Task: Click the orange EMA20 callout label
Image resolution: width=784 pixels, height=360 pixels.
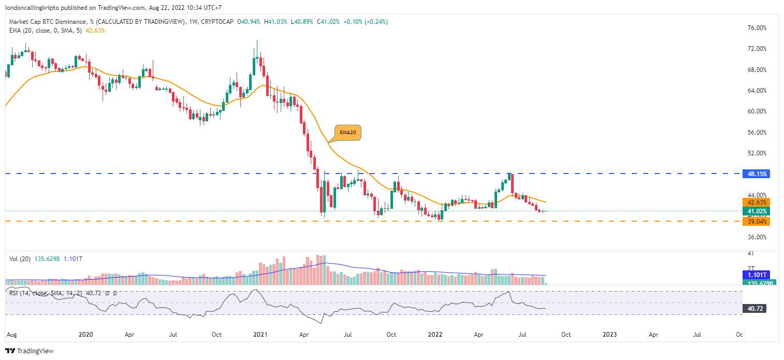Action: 347,133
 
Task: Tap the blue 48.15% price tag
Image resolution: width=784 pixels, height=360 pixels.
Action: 757,174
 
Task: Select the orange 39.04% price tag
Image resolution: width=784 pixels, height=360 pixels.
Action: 757,222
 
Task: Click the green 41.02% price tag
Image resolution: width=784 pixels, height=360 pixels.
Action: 757,211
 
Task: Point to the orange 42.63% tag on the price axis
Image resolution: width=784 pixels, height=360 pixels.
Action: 757,203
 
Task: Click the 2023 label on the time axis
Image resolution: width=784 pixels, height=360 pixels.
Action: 609,335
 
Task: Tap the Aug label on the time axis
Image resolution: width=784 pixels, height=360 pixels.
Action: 11,335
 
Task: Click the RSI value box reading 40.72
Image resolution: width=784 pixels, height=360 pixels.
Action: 756,309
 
